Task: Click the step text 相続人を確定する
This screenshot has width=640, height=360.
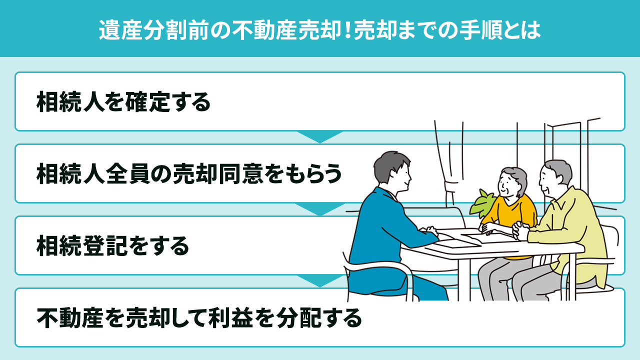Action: [123, 102]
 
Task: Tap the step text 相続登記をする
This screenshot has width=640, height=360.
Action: [112, 245]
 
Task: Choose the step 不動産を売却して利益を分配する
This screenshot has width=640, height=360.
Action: [199, 317]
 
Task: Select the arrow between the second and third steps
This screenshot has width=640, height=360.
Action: [320, 208]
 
